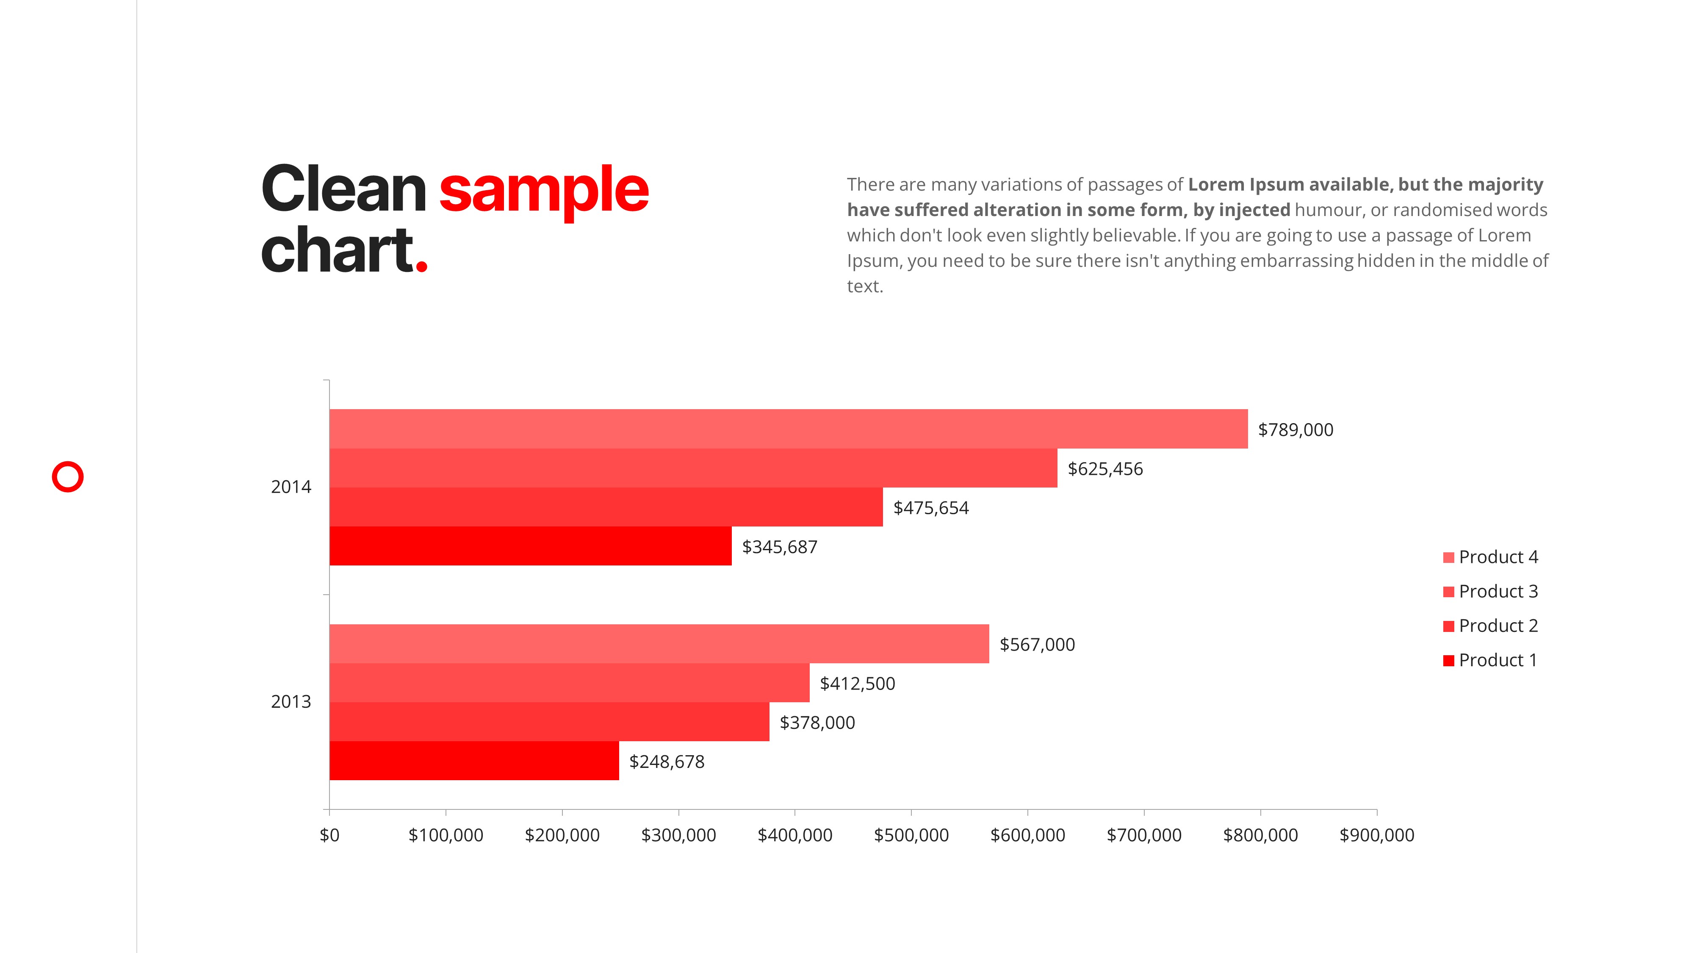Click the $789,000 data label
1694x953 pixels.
click(1295, 429)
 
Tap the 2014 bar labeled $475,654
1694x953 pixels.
click(606, 507)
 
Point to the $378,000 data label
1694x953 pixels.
click(817, 722)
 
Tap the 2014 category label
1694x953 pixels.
click(291, 487)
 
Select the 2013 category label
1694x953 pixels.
click(291, 702)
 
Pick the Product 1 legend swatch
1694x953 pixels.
click(1448, 660)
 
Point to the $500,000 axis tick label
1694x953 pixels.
click(911, 835)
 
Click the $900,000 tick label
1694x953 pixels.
click(1376, 835)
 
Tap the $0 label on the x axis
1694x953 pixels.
click(329, 835)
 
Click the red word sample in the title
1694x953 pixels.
click(543, 190)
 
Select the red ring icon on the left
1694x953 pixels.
click(68, 477)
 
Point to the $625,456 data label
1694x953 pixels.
click(1105, 469)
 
